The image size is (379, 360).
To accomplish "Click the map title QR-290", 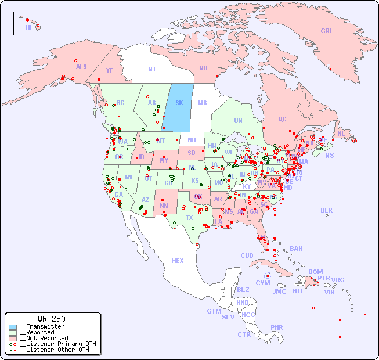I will [52, 319].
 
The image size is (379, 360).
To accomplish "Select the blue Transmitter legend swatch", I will [13, 326].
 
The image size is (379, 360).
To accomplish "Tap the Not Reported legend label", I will [44, 338].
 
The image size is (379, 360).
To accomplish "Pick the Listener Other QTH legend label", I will [54, 350].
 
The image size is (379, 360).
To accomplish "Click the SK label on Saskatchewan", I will [179, 103].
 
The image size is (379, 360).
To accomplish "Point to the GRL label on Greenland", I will [327, 31].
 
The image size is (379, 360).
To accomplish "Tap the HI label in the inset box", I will [28, 27].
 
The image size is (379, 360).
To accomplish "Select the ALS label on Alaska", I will [81, 67].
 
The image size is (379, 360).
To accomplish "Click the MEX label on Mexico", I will [178, 261].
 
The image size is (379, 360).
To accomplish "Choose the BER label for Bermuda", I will [327, 210].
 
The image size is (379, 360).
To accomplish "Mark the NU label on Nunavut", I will [203, 68].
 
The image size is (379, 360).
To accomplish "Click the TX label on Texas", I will [189, 218].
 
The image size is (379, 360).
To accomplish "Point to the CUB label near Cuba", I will [247, 255].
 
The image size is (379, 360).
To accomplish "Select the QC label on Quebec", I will [282, 119].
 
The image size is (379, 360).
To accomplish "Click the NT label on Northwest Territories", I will [152, 69].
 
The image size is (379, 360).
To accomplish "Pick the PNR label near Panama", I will [277, 327].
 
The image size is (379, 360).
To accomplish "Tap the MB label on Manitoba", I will [203, 103].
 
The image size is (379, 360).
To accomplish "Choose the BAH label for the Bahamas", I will [296, 249].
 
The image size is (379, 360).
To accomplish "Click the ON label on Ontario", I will [238, 120].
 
